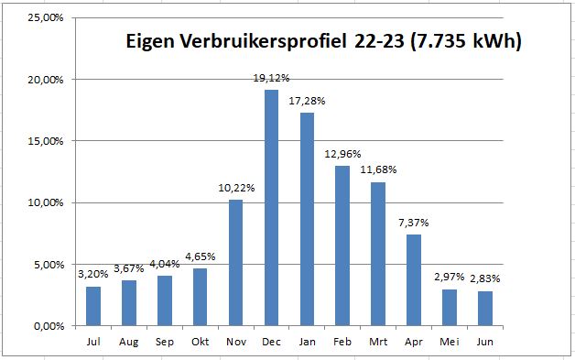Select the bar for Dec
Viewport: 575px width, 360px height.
(x=271, y=207)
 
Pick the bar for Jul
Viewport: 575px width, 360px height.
(x=92, y=305)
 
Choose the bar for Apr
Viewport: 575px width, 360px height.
(x=413, y=279)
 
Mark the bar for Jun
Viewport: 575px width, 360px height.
(x=484, y=308)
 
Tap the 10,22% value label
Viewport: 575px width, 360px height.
(x=235, y=189)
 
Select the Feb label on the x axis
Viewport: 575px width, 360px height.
(x=342, y=342)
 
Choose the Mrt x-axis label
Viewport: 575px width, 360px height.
(x=377, y=342)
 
